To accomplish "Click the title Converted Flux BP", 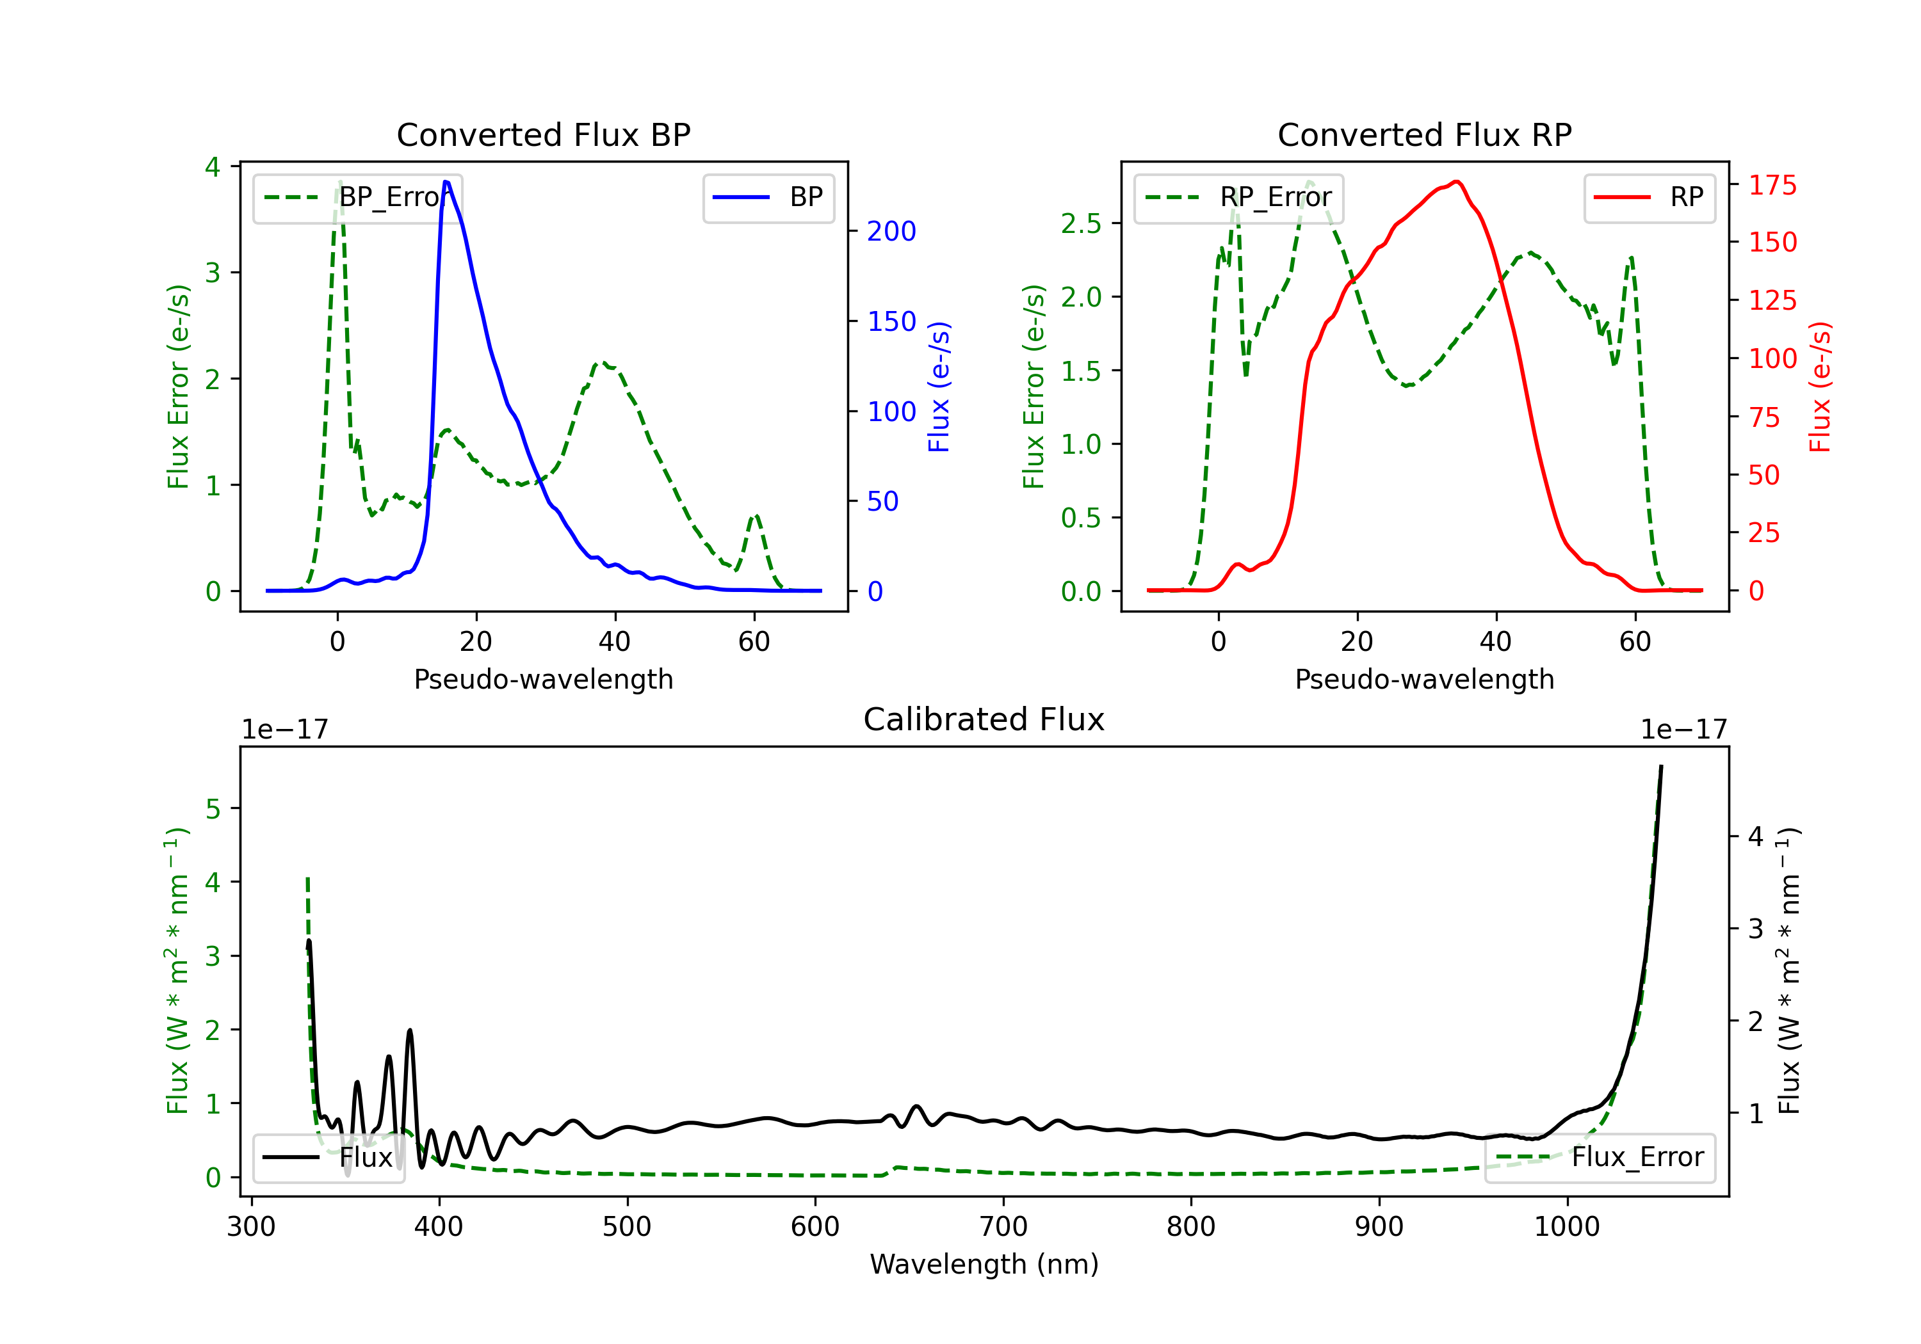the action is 543,134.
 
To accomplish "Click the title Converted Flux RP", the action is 1424,134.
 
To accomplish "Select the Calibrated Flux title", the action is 984,719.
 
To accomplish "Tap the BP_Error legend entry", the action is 358,197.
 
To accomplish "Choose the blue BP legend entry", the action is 768,197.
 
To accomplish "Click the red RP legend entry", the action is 1649,197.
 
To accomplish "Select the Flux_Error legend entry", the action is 1600,1158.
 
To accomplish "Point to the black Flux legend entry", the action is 329,1158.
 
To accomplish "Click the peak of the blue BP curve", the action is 446,182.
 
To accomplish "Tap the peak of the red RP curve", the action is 1457,182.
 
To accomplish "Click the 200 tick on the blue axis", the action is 891,231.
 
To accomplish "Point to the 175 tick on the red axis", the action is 1772,185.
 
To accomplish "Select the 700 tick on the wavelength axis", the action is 1003,1226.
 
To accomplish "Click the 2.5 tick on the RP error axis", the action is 1081,223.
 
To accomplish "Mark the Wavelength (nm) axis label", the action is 984,1264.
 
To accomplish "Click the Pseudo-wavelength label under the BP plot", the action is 543,679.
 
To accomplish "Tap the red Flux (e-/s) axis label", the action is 1819,387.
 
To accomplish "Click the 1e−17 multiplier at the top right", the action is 1683,730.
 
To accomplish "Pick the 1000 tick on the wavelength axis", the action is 1567,1226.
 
